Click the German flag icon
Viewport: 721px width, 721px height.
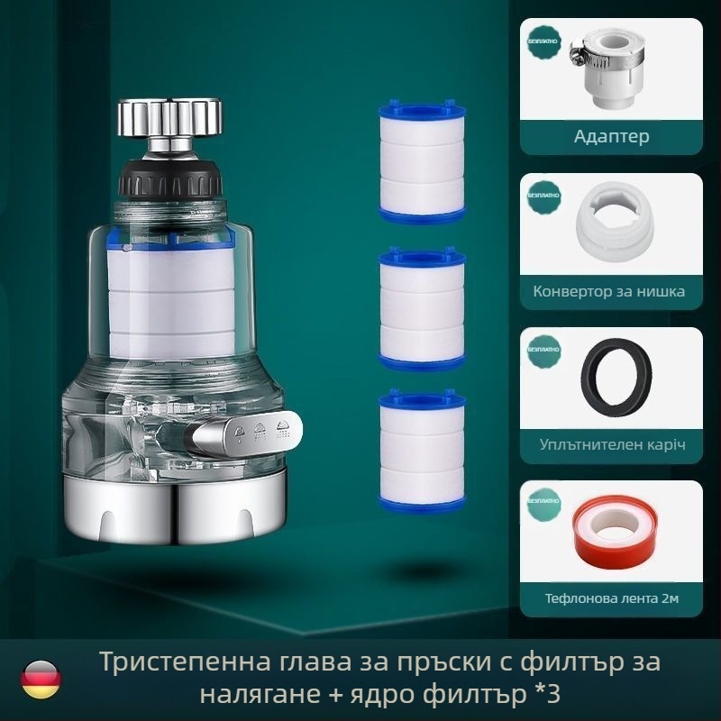tap(42, 676)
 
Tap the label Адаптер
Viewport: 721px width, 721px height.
tap(612, 137)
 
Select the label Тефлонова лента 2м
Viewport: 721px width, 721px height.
tap(612, 599)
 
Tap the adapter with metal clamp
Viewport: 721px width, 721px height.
tap(615, 66)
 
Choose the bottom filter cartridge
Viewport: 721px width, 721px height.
tap(421, 449)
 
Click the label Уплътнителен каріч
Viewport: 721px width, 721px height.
tap(612, 445)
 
